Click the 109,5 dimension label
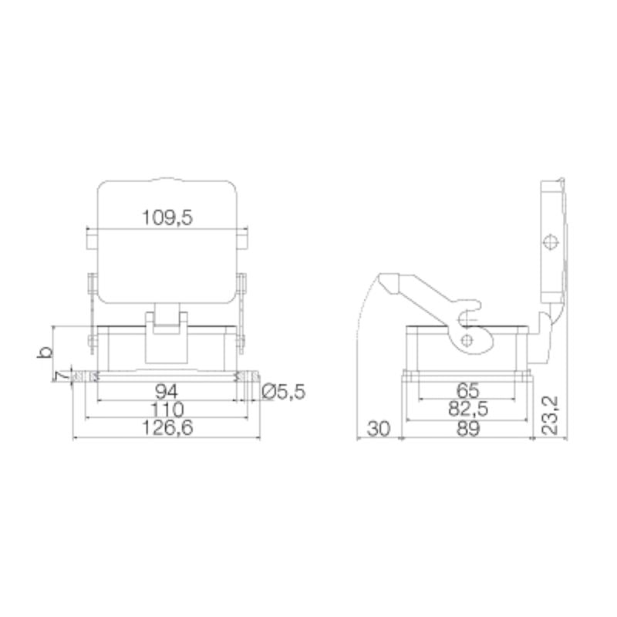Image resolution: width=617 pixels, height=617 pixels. pos(167,218)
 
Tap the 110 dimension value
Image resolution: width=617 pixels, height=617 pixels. pos(166,410)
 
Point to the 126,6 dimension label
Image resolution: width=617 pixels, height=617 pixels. pos(166,429)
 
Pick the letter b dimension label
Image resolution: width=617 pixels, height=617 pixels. pos(46,352)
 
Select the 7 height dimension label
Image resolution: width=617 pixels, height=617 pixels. pos(58,376)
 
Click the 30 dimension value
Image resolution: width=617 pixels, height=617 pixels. pos(378,429)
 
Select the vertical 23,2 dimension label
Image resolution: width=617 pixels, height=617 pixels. pos(549,413)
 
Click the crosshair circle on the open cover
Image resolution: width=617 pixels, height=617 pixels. pos(550,242)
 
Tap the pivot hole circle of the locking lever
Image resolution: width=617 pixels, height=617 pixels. pos(466,339)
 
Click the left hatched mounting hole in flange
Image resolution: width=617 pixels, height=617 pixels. pos(86,376)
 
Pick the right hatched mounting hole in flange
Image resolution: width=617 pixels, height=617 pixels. pos(245,376)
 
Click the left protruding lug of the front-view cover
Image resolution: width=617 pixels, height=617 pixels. pos(91,241)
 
